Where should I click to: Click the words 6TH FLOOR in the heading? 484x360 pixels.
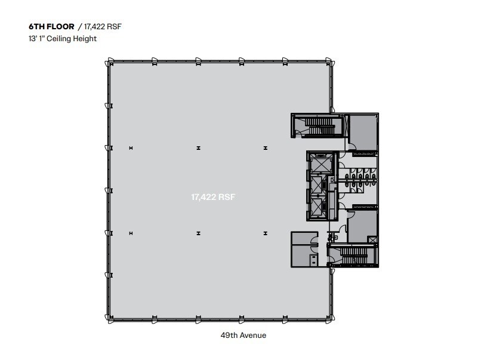(x=51, y=27)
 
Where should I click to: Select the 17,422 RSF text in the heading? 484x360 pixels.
(x=104, y=27)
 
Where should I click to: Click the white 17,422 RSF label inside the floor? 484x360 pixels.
(x=213, y=196)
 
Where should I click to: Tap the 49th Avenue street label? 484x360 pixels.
(x=247, y=336)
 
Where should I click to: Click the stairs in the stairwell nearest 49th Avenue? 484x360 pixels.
(x=353, y=256)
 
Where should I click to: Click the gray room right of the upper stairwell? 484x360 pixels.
(x=362, y=131)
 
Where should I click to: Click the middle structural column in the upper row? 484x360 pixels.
(x=198, y=147)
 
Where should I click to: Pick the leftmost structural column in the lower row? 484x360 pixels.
(x=130, y=233)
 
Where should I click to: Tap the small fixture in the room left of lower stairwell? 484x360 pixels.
(x=313, y=258)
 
